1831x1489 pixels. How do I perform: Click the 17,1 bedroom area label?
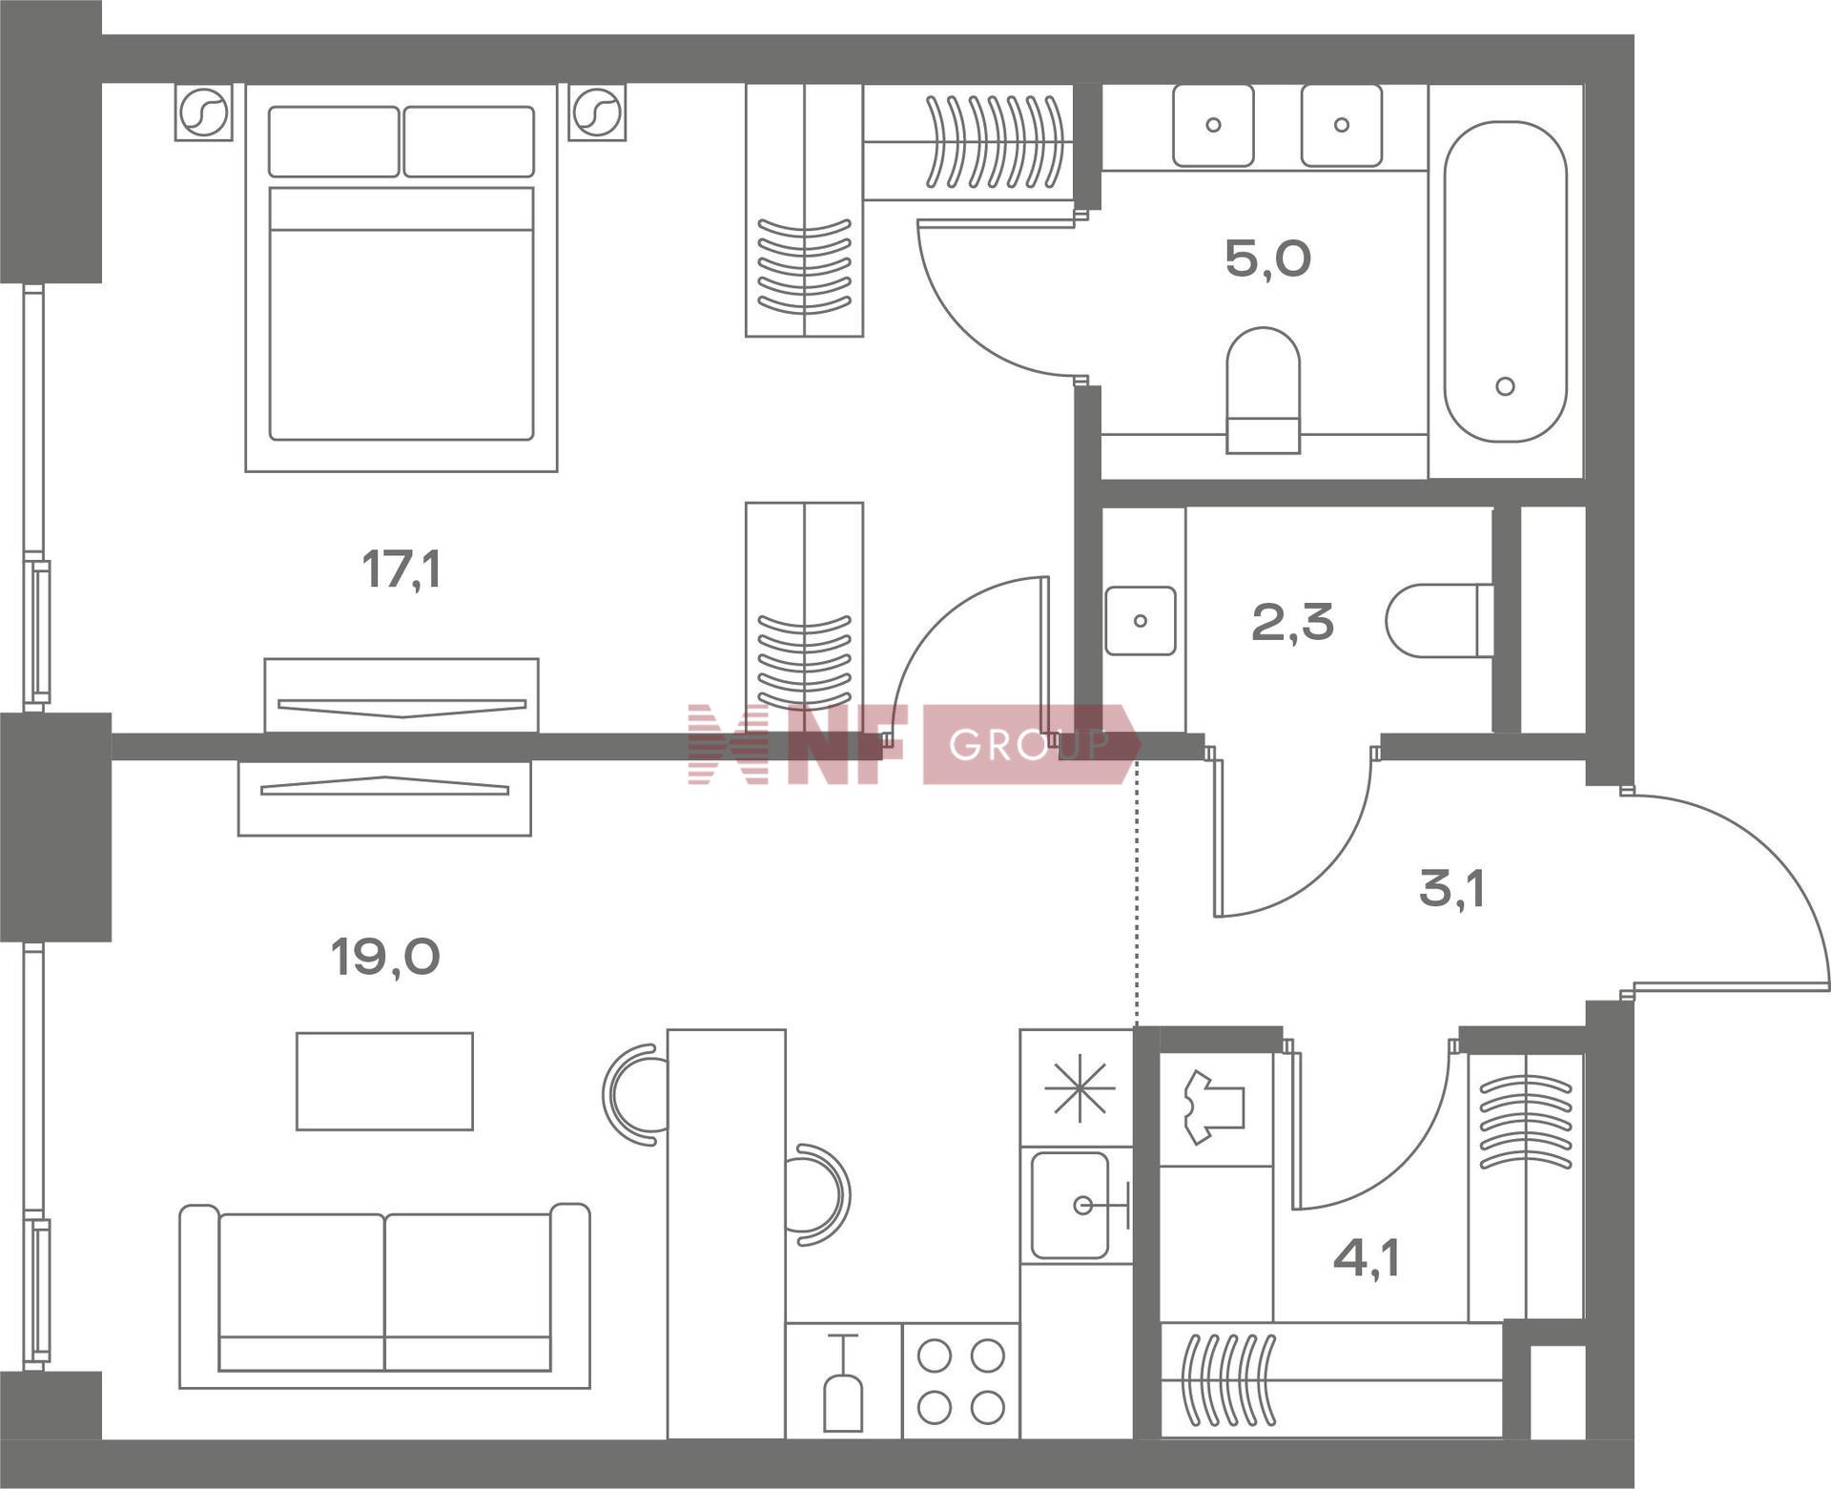tap(401, 570)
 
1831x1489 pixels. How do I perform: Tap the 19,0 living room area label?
tap(385, 957)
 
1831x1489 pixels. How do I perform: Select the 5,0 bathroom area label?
tap(1267, 259)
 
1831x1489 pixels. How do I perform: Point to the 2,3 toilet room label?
tap(1292, 623)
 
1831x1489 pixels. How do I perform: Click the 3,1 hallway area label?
tap(1451, 889)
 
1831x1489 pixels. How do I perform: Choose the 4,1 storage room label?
tap(1366, 1259)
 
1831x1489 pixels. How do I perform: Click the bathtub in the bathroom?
tap(1505, 281)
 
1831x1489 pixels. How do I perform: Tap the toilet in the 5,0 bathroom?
tap(1263, 389)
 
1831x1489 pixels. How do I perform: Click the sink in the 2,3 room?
tap(1141, 621)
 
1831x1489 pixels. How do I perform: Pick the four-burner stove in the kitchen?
tap(961, 1379)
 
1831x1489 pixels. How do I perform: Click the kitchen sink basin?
tap(1071, 1206)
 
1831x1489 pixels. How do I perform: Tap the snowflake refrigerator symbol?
tap(1079, 1089)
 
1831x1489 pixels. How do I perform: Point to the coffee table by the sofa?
tap(384, 1081)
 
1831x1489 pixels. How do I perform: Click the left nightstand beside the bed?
tap(203, 113)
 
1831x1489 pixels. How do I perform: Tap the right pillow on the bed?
tap(468, 141)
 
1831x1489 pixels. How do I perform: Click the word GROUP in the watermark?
tap(1028, 745)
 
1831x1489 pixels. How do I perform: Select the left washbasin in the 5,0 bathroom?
tap(1213, 125)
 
